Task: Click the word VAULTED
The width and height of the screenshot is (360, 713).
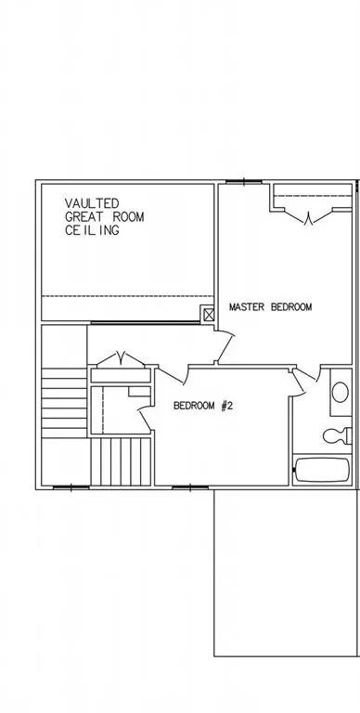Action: (x=92, y=203)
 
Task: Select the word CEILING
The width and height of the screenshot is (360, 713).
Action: (x=92, y=230)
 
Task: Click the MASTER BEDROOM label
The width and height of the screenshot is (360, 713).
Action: (x=270, y=307)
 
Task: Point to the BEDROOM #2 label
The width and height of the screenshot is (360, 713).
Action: (x=203, y=406)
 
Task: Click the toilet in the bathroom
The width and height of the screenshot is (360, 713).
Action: (x=338, y=435)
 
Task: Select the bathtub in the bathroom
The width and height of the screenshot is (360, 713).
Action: (x=322, y=470)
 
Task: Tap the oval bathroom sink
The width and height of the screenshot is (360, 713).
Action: (x=340, y=393)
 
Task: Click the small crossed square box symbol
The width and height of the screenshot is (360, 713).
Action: (x=209, y=315)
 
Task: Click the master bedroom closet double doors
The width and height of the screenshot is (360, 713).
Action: (x=310, y=217)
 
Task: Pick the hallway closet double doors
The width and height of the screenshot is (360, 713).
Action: (x=121, y=359)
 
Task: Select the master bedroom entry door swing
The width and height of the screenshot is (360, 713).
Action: (x=225, y=348)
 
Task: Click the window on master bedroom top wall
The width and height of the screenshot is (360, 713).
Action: (x=244, y=182)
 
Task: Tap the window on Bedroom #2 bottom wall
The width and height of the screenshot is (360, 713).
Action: (x=190, y=488)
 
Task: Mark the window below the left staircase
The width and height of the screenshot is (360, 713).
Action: (x=71, y=488)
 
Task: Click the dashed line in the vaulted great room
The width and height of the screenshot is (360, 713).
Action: (x=128, y=296)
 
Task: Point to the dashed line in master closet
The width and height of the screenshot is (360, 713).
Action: (x=314, y=196)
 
